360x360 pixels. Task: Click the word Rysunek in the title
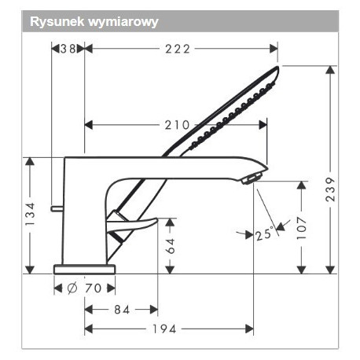pyautogui.click(x=57, y=21)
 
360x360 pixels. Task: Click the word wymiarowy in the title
pyautogui.click(x=123, y=23)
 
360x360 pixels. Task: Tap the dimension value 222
pyautogui.click(x=178, y=49)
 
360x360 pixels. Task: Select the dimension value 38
pyautogui.click(x=68, y=49)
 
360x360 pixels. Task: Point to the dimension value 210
pyautogui.click(x=177, y=125)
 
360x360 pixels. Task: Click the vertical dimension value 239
pyautogui.click(x=330, y=189)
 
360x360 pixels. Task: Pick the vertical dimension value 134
pyautogui.click(x=30, y=214)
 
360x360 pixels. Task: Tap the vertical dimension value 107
pyautogui.click(x=302, y=228)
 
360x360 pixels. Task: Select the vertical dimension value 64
pyautogui.click(x=171, y=246)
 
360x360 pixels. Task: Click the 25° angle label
pyautogui.click(x=264, y=234)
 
